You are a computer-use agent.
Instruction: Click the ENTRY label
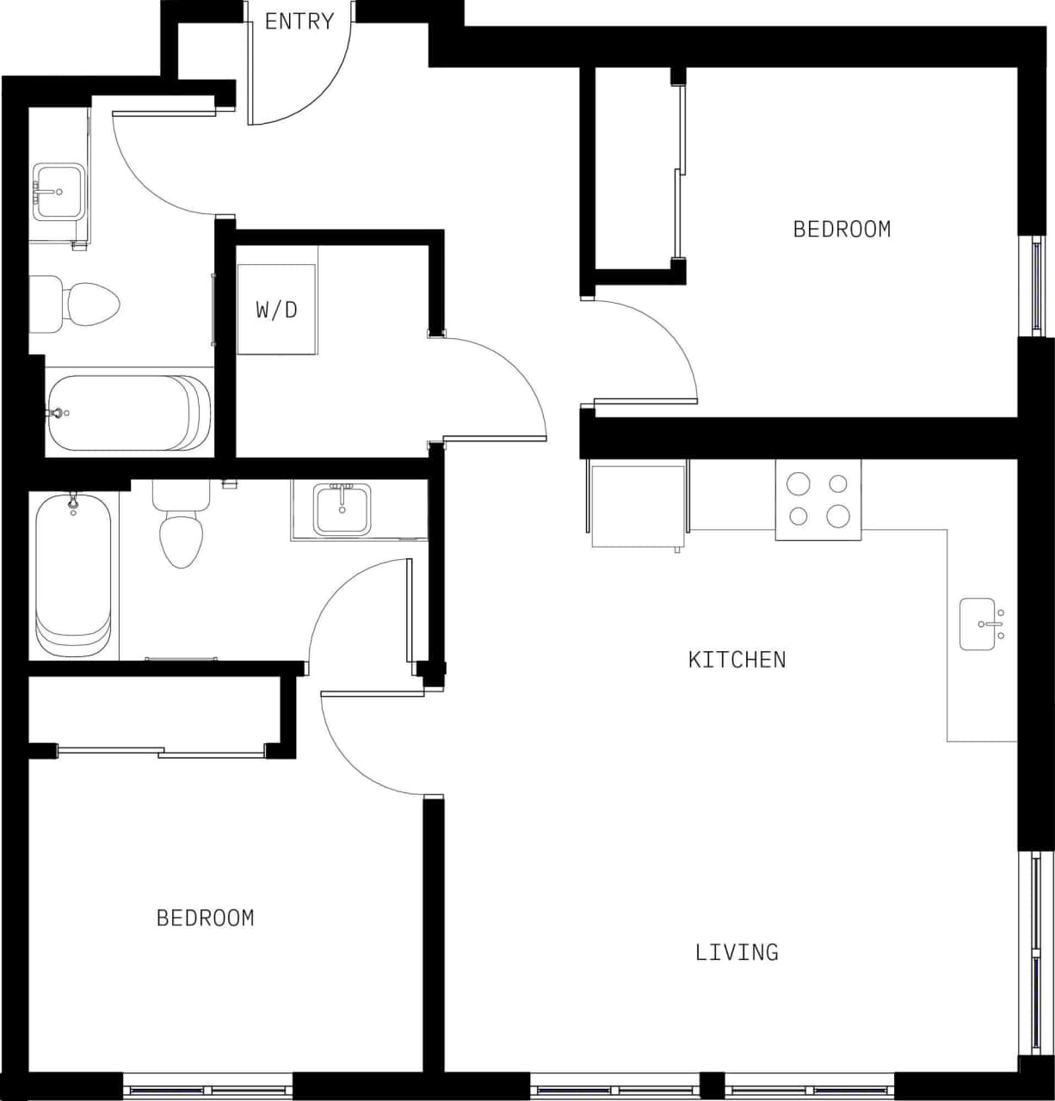pyautogui.click(x=299, y=22)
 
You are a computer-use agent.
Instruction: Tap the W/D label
pyautogui.click(x=276, y=309)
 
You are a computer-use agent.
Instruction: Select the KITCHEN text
pyautogui.click(x=737, y=660)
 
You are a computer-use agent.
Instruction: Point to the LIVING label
pyautogui.click(x=737, y=952)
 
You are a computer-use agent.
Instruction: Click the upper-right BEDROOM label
pyautogui.click(x=842, y=229)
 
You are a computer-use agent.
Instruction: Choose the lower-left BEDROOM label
pyautogui.click(x=205, y=918)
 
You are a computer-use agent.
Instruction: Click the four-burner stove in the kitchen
pyautogui.click(x=817, y=500)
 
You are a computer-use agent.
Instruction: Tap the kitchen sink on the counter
pyautogui.click(x=978, y=624)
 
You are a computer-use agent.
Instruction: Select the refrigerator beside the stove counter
pyautogui.click(x=638, y=506)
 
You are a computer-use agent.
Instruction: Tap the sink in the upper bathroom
pyautogui.click(x=59, y=191)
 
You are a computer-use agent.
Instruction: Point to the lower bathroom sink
pyautogui.click(x=342, y=509)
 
